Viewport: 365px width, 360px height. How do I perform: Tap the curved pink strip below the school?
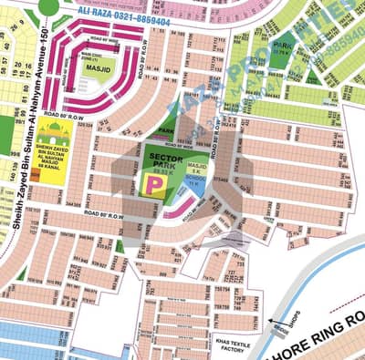pos(194,201)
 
